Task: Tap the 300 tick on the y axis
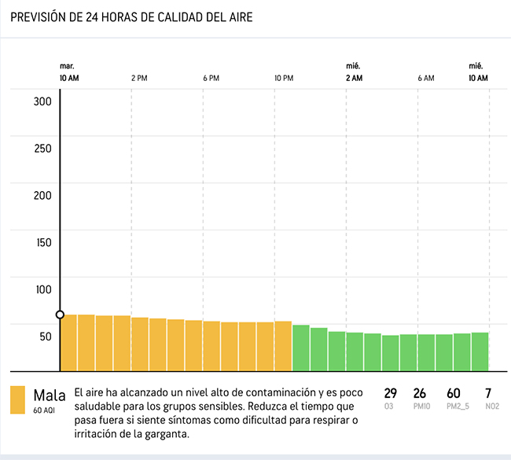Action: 42,101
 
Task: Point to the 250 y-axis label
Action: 42,149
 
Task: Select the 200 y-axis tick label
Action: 42,196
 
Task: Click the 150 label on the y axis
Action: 42,242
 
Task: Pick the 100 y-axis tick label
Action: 42,289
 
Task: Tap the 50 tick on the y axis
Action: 45,337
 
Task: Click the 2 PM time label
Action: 139,78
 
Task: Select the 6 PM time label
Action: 211,78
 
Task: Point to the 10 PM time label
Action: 284,78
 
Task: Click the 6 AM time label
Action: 425,78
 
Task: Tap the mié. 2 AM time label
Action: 354,72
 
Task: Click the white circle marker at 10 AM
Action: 61,315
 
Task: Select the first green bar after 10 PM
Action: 300,348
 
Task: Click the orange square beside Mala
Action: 17,400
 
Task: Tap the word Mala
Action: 50,394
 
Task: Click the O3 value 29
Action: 391,393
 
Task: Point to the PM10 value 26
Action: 420,393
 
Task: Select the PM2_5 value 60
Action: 454,393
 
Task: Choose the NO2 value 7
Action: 488,393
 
